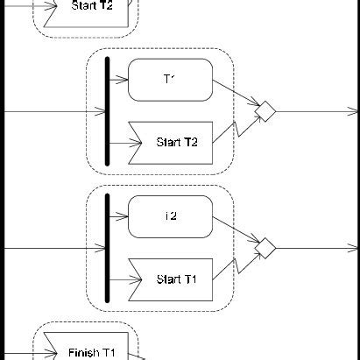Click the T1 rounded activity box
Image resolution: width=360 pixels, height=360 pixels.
coord(171,80)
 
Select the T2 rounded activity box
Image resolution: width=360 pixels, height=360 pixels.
coord(171,215)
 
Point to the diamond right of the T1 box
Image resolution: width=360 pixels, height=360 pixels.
coord(265,110)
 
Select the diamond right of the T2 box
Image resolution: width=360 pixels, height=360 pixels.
coord(265,247)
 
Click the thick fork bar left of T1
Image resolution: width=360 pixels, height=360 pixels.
coord(107,112)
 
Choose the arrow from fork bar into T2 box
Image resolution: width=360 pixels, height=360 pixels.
coord(118,217)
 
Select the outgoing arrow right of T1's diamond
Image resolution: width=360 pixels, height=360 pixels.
coord(315,111)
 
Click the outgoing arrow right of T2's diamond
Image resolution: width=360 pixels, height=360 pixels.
coord(315,248)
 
